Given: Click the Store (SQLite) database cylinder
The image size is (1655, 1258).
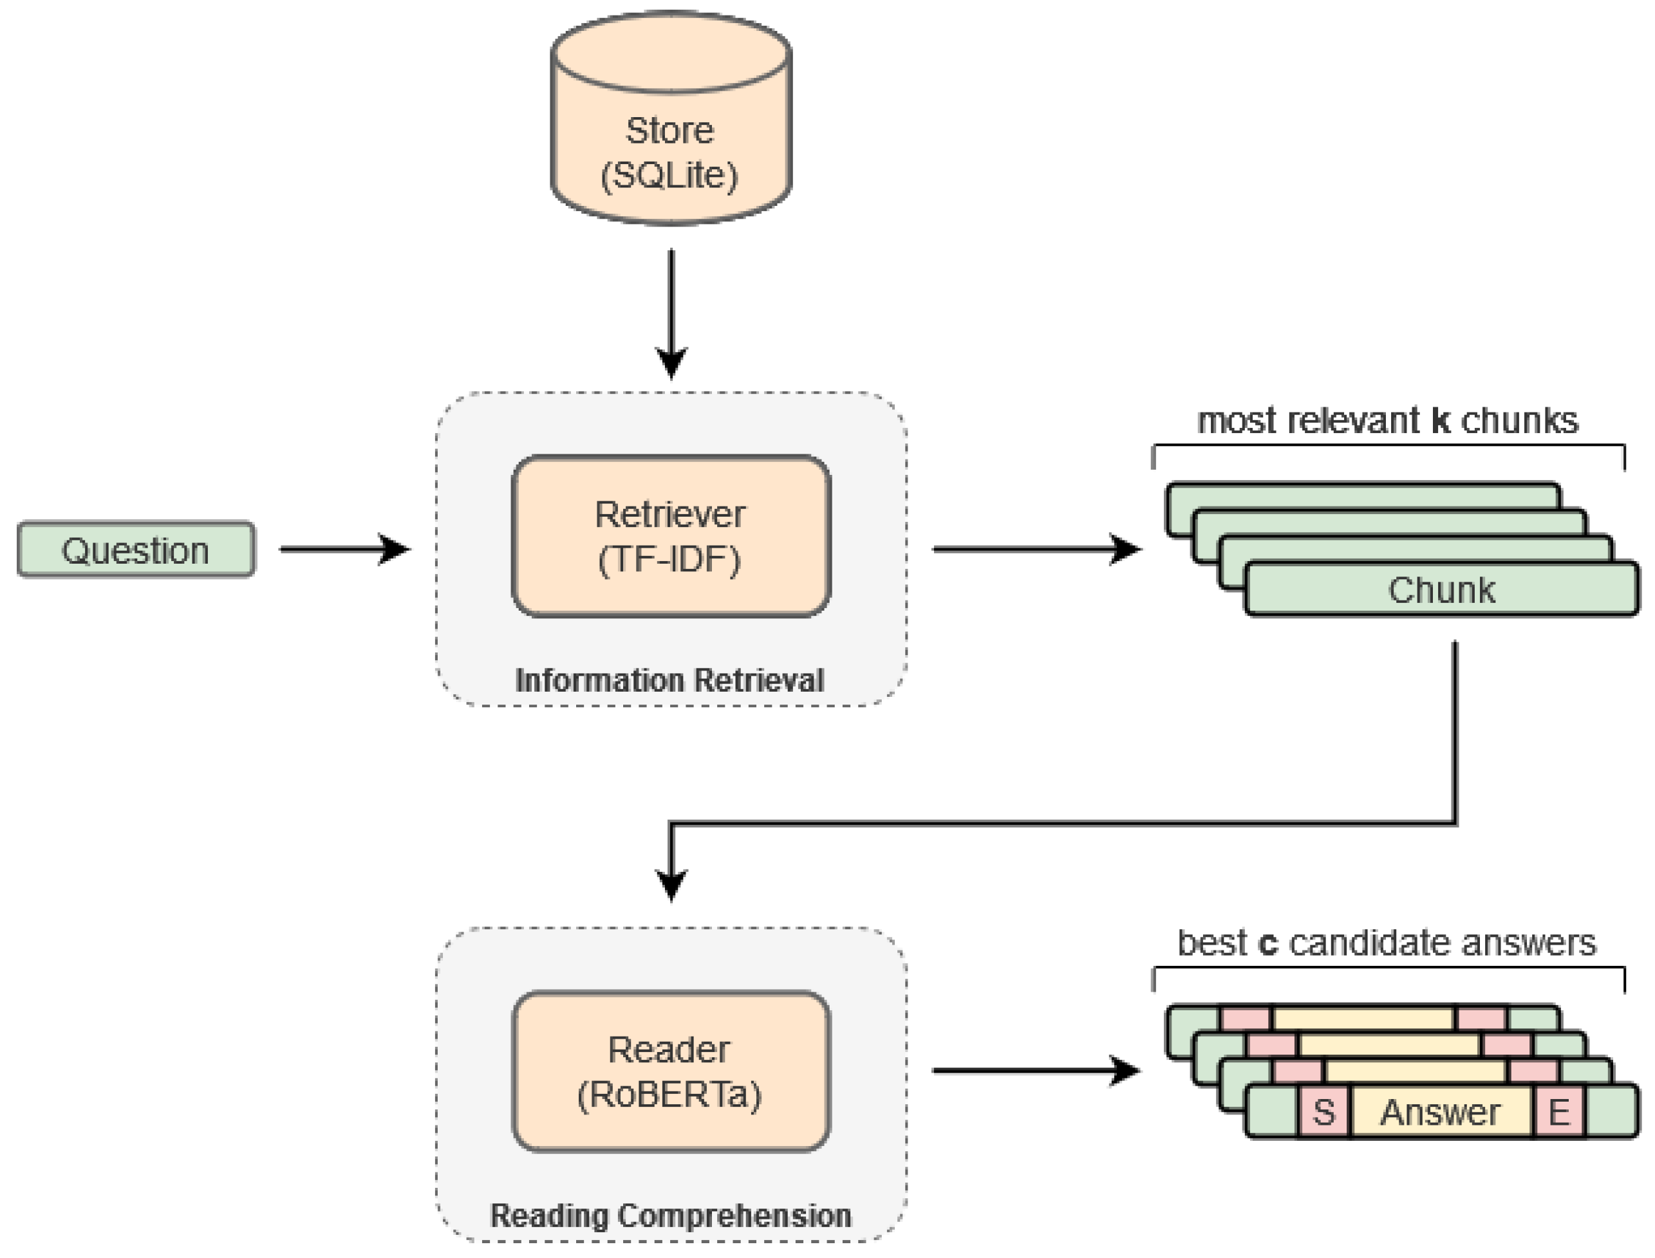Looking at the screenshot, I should point(670,120).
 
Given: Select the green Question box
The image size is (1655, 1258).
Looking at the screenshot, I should point(136,550).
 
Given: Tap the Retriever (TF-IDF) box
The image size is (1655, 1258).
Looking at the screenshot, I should point(670,536).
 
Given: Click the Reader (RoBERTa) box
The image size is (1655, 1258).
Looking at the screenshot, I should point(670,1071).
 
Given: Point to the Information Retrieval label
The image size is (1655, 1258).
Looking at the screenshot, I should point(669,681).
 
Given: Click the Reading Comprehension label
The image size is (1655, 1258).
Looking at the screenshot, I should point(670,1216).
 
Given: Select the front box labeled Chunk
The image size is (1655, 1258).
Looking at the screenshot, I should point(1441,590).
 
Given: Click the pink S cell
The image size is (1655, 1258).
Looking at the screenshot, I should point(1323,1112).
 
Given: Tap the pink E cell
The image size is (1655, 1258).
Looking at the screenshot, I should point(1558,1112).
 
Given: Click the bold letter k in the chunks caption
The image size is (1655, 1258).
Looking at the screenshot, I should point(1441,421).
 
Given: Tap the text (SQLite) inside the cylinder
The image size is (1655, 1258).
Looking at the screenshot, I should point(669,175).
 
